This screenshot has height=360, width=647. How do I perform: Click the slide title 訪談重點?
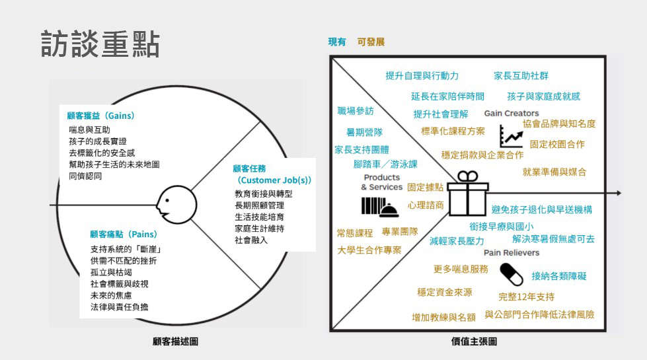(x=100, y=44)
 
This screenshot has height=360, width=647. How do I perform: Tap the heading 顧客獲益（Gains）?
(x=100, y=116)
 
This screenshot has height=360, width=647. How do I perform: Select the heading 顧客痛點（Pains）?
(x=124, y=234)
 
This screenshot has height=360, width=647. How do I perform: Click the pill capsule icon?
(x=511, y=273)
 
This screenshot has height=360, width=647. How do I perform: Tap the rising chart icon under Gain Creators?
(x=511, y=136)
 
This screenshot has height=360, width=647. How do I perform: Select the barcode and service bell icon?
(x=379, y=207)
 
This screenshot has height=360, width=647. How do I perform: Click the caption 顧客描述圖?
(x=175, y=342)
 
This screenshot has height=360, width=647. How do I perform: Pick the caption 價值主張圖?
(x=469, y=342)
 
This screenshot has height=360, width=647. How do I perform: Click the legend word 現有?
(x=337, y=42)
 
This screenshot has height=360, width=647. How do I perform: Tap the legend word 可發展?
(x=371, y=42)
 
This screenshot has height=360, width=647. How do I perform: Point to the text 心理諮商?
(x=426, y=205)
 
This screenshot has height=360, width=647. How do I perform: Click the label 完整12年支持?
(x=526, y=297)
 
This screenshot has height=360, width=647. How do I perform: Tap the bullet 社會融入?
(x=251, y=240)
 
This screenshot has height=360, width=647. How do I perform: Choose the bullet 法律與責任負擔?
(x=120, y=307)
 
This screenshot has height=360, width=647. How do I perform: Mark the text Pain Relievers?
(x=512, y=252)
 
